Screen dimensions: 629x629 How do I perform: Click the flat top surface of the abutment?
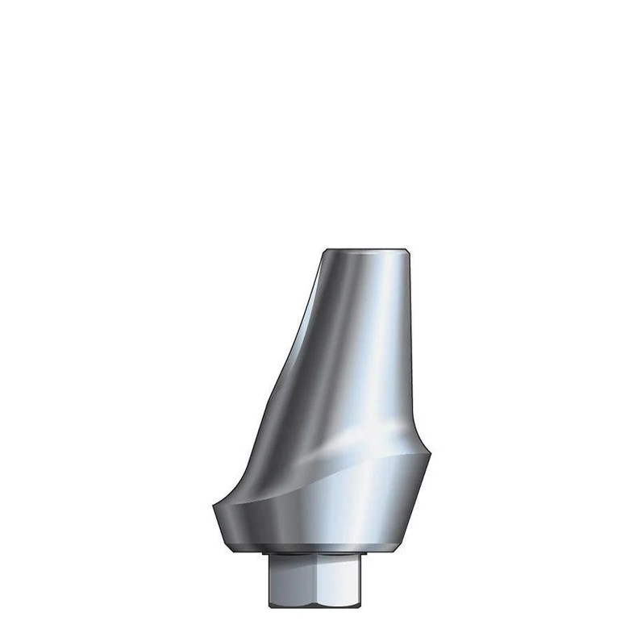tap(369, 251)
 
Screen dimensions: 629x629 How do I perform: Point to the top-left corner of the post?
tap(324, 251)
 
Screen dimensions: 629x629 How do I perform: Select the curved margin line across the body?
tap(323, 476)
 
